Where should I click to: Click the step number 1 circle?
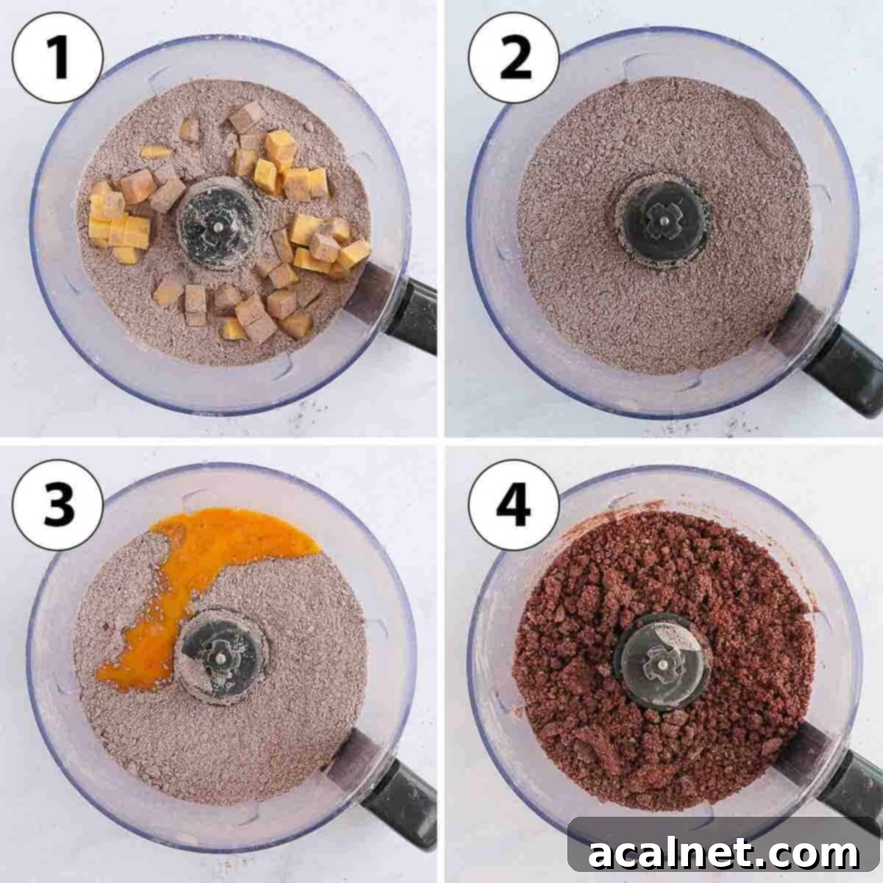[x=57, y=57]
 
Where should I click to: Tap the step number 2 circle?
[x=514, y=57]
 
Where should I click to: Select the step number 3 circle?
[x=57, y=505]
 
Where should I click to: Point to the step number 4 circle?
[x=514, y=505]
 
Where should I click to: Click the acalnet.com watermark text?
[x=724, y=854]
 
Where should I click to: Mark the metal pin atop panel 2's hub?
[x=664, y=218]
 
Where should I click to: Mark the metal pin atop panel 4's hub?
[x=663, y=662]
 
